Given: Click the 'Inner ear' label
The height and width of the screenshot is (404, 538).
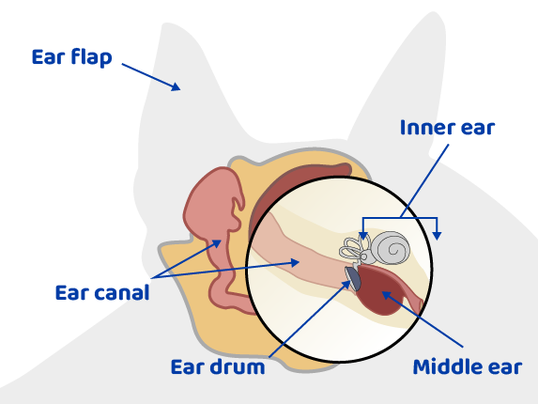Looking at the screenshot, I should tap(447, 127).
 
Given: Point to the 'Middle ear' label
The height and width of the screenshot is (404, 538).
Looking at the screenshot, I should tap(467, 366).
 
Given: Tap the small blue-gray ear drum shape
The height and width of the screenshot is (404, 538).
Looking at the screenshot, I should tap(353, 276).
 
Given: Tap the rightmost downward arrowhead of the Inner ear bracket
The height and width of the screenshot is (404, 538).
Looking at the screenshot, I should tap(438, 235).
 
